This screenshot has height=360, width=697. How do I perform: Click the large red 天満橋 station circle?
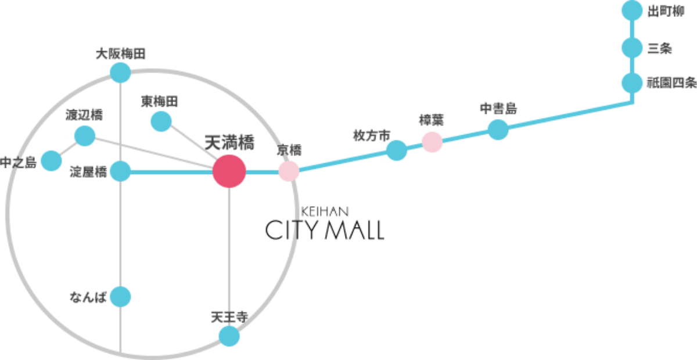[229, 171]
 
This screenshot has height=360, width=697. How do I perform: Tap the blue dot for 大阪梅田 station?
[120, 72]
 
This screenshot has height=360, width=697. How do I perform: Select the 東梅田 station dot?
[161, 121]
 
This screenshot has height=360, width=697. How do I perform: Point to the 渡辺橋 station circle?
[85, 136]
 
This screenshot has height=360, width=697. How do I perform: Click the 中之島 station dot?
[51, 160]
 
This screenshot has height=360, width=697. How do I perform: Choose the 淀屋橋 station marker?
[120, 171]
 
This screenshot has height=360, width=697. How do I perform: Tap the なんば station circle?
[120, 297]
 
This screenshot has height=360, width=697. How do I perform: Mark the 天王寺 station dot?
[229, 336]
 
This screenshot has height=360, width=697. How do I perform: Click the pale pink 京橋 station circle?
[289, 171]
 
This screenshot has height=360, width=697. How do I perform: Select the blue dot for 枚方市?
[397, 150]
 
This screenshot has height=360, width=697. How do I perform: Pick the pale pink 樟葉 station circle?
[432, 142]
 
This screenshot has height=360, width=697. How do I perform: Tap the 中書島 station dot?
[498, 129]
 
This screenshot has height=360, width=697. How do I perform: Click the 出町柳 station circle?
[631, 10]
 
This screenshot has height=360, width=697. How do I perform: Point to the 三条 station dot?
[631, 48]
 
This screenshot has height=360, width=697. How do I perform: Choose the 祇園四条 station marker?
[631, 82]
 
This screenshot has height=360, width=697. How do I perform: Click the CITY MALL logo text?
[325, 231]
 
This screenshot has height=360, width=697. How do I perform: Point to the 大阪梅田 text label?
[120, 54]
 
